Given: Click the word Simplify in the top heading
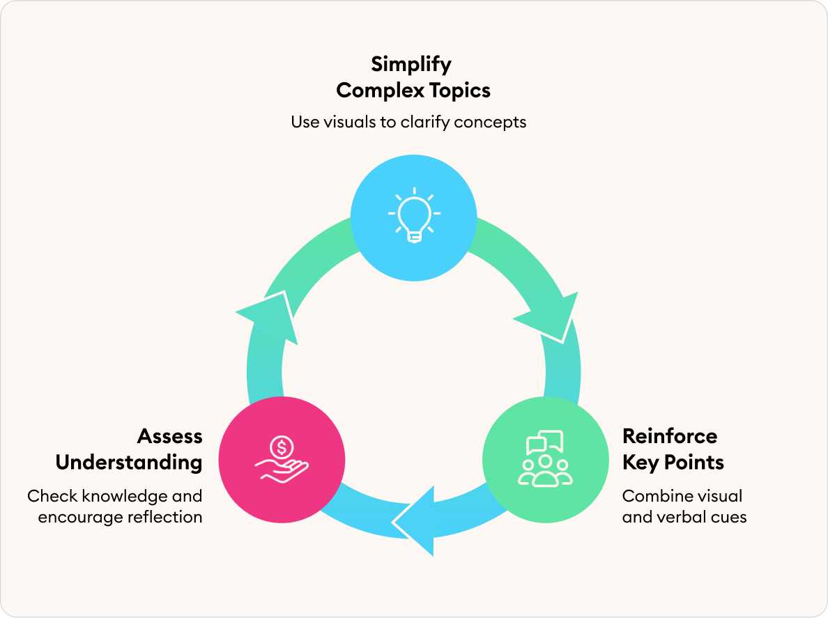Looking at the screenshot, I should (x=411, y=65).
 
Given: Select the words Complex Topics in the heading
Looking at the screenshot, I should (x=413, y=91).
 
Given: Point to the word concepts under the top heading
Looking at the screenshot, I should (x=489, y=122).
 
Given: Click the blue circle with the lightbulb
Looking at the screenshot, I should (x=413, y=217).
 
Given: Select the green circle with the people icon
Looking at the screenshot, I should (x=545, y=461).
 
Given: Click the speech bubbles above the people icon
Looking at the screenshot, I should (x=545, y=443).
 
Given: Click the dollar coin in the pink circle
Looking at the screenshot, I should (x=282, y=447).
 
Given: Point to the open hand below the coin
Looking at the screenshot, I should (x=283, y=471).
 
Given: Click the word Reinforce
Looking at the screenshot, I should (x=669, y=437).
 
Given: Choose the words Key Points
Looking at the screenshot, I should (x=673, y=463).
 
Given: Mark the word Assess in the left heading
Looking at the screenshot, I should (x=169, y=437).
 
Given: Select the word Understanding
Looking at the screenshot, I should (x=129, y=463).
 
